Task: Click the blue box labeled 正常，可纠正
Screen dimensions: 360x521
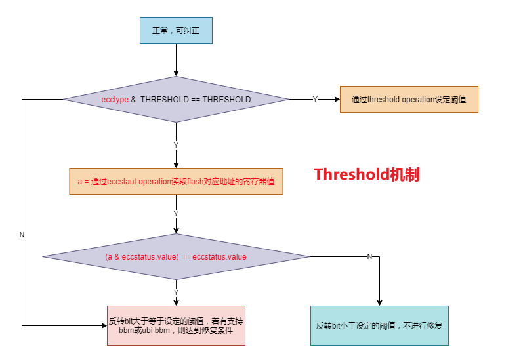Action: pos(176,30)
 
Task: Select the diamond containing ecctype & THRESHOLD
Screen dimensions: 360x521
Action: pos(176,100)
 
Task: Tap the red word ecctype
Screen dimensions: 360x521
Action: pos(115,100)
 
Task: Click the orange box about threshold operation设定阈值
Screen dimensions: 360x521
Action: pos(408,100)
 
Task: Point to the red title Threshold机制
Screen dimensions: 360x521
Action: pos(366,174)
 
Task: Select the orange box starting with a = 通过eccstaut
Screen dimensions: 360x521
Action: pos(176,182)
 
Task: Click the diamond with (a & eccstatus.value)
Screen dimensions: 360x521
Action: pos(176,257)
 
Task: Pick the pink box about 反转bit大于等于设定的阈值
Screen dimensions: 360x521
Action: pos(176,325)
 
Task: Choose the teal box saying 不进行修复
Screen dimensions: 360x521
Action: pos(379,325)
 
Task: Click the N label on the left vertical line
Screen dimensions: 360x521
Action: pos(22,235)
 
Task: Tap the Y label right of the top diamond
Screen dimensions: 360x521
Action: pos(315,100)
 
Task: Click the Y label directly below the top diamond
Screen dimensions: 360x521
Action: pos(176,145)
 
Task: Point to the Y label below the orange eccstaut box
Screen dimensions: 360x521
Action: pos(176,214)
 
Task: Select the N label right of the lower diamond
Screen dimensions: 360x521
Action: pos(369,256)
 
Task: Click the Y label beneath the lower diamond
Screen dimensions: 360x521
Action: pos(176,292)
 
